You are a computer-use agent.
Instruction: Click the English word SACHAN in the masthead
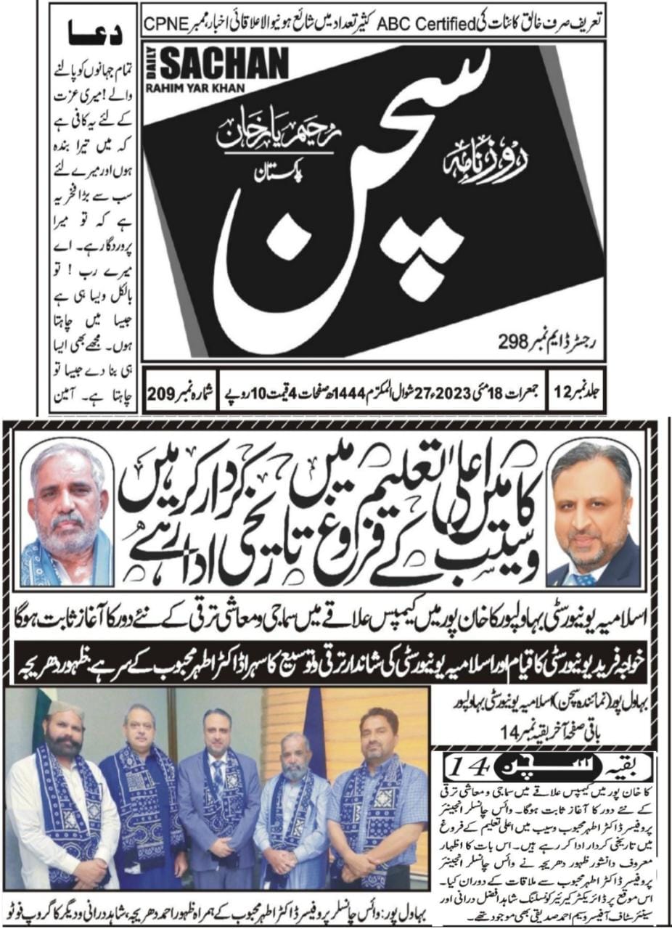(224, 65)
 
